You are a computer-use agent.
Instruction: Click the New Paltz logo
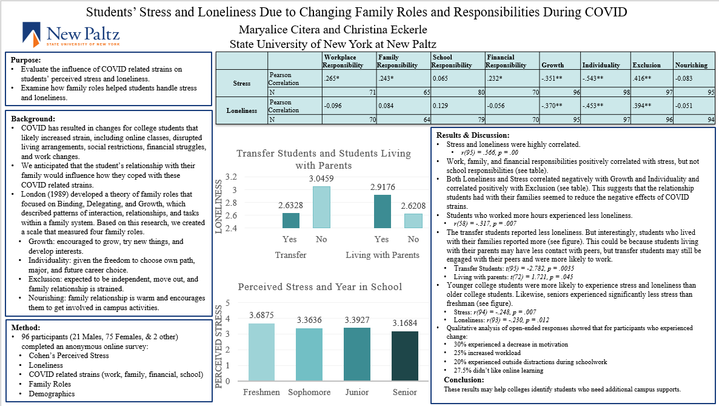[x=71, y=35]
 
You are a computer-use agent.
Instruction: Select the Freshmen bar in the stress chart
[x=261, y=352]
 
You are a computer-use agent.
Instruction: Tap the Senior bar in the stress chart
[x=405, y=356]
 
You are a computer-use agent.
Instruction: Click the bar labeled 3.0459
[x=321, y=207]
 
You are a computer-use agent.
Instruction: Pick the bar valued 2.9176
[x=383, y=211]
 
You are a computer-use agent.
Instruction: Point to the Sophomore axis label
[x=309, y=392]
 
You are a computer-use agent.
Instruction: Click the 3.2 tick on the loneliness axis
[x=231, y=177]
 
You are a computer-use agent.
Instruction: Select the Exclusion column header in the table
[x=646, y=65]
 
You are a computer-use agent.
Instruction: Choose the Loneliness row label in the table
[x=242, y=110]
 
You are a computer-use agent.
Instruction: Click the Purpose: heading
[x=25, y=59]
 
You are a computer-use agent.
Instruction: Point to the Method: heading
[x=25, y=328]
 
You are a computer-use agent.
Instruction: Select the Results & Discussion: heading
[x=473, y=135]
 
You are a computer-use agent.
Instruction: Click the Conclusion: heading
[x=464, y=380]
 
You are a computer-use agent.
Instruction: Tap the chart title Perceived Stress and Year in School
[x=320, y=287]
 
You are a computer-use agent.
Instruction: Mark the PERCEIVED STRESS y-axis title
[x=219, y=347]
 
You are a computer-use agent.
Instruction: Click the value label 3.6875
[x=261, y=315]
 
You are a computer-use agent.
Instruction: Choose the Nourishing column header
[x=691, y=65]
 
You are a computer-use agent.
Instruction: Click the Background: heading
[x=33, y=118]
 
